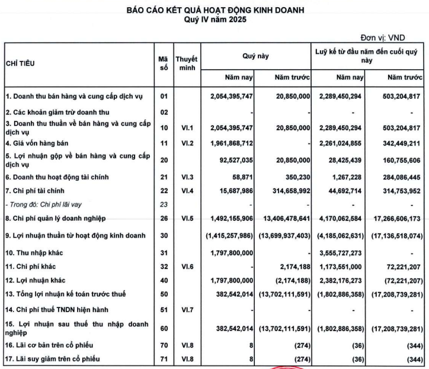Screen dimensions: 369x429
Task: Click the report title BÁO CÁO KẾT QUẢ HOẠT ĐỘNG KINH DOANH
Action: (214, 11)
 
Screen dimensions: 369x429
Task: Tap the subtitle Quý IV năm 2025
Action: (214, 20)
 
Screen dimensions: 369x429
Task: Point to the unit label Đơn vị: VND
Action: (394, 37)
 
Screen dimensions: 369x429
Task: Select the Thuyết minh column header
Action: (187, 64)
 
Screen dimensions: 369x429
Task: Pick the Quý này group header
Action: (255, 56)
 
